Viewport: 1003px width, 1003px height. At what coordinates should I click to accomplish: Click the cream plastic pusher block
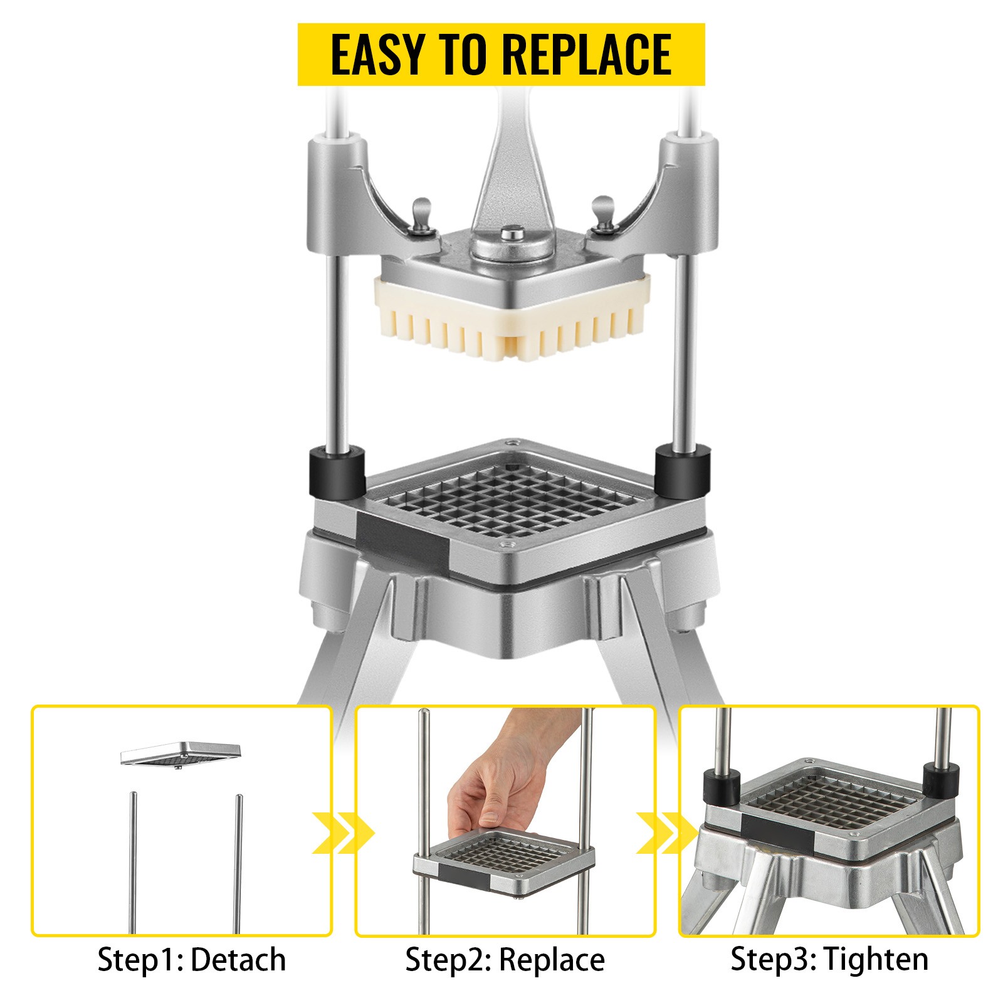point(512,319)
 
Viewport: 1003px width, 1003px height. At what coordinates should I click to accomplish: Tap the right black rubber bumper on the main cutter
point(683,470)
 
